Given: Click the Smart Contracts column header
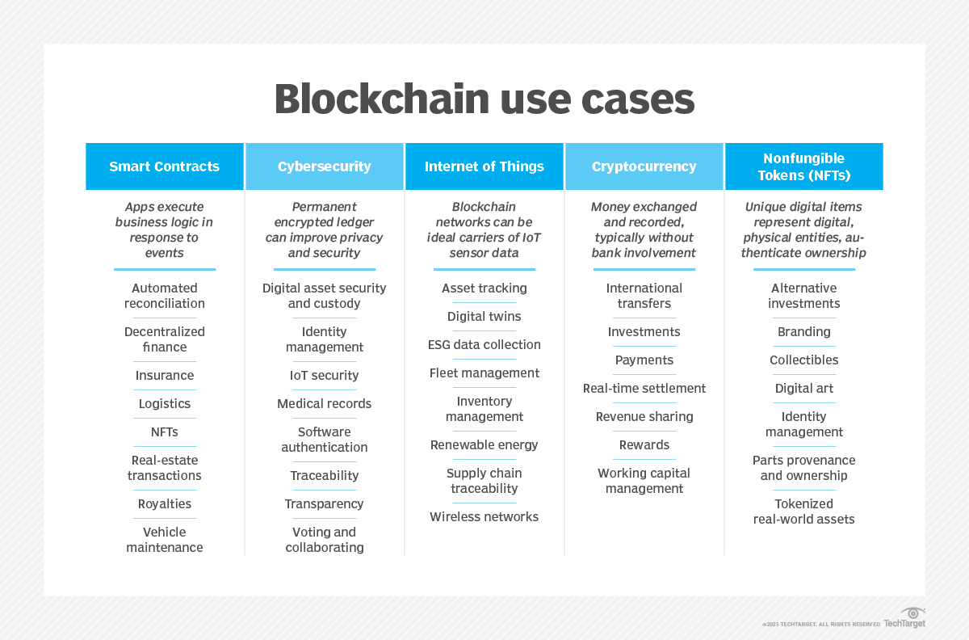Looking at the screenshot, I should (x=164, y=166).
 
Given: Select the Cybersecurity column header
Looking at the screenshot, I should (x=324, y=166).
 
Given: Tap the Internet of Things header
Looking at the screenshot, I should (x=484, y=166).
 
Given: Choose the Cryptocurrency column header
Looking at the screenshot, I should (x=644, y=166).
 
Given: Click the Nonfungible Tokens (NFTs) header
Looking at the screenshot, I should (x=803, y=166).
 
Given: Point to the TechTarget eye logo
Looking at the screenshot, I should (x=913, y=613).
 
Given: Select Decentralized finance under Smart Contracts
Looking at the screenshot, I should (x=165, y=339).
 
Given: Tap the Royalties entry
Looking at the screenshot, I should (x=165, y=504).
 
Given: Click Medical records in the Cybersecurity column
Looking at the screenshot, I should (x=324, y=404).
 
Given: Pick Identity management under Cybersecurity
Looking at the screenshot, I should (x=324, y=339).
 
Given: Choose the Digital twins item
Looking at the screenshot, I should (x=484, y=317).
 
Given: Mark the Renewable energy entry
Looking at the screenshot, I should (x=484, y=445).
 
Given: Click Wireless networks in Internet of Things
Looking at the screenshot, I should (x=484, y=517).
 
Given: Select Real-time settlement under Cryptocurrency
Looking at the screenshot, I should (x=644, y=389).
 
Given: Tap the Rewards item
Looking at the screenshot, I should (x=644, y=445).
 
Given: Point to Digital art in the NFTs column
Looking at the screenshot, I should (x=804, y=389).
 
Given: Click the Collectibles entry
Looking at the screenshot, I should (x=804, y=360).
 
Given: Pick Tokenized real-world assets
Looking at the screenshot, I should (x=804, y=512).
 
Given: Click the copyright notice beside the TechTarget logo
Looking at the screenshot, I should (x=821, y=625).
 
